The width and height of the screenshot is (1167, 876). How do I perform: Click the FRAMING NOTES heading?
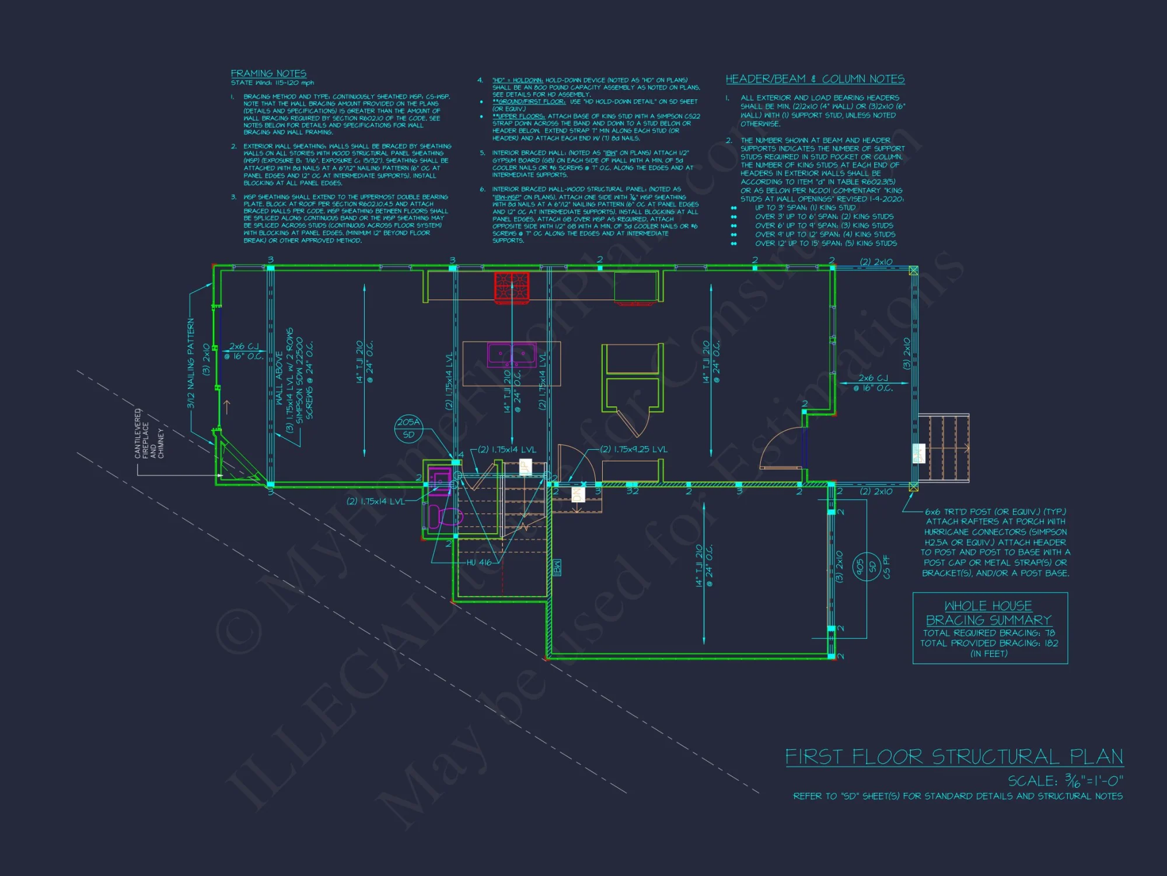(x=268, y=74)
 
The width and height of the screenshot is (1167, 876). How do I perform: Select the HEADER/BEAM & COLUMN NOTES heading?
(x=815, y=79)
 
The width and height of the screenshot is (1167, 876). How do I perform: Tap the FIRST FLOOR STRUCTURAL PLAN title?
(x=954, y=757)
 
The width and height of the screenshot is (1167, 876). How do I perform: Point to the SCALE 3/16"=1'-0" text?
(x=1065, y=781)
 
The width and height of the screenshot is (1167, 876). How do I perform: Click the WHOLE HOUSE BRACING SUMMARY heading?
(x=988, y=613)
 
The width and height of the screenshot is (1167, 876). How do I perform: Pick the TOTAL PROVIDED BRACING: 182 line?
(x=989, y=643)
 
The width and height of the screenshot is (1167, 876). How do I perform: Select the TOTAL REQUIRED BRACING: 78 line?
(x=989, y=633)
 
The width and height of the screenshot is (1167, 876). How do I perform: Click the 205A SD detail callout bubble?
(x=408, y=428)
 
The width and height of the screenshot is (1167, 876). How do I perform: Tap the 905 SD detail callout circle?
(x=866, y=566)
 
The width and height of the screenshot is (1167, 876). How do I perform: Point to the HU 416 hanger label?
(x=479, y=562)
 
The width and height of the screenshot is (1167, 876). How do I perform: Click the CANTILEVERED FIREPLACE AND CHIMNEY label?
(x=149, y=433)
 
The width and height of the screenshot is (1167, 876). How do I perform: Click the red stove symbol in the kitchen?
(x=512, y=287)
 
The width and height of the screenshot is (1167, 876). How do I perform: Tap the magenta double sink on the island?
(x=512, y=355)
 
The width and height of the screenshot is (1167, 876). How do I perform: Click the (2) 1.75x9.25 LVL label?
(x=634, y=449)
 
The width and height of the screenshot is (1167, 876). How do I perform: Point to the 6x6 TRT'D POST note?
(x=995, y=512)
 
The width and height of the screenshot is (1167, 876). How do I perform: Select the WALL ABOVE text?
(x=279, y=378)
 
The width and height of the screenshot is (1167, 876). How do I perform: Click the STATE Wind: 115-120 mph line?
(x=272, y=83)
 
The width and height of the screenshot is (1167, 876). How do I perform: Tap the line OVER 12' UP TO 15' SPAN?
(x=826, y=244)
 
